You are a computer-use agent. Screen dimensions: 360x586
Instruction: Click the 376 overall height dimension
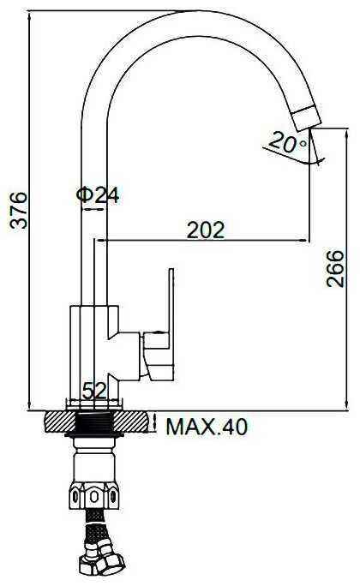pyautogui.click(x=19, y=210)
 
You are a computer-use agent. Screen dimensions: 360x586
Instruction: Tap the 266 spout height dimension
pyautogui.click(x=335, y=269)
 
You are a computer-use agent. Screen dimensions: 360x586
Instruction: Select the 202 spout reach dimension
pyautogui.click(x=206, y=230)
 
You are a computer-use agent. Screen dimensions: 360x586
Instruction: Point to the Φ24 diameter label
pyautogui.click(x=98, y=195)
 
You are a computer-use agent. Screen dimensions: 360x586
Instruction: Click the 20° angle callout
pyautogui.click(x=288, y=142)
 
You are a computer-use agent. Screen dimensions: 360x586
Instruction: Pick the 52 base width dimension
pyautogui.click(x=94, y=391)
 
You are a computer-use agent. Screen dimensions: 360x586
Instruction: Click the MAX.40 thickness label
pyautogui.click(x=207, y=427)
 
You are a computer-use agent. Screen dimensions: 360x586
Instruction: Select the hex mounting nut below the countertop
pyautogui.click(x=93, y=495)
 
